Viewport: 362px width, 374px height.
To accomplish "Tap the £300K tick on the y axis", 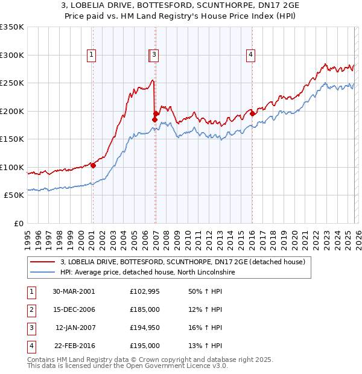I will pos(12,55).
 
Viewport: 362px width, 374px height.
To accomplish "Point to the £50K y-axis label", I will pos(14,195).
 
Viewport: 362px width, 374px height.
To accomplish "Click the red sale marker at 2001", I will pos(93,165).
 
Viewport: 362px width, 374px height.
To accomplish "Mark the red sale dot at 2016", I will pos(252,113).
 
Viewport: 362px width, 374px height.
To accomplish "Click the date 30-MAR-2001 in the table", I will pos(74,291).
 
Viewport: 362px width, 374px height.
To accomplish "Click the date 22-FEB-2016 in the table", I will pos(74,346).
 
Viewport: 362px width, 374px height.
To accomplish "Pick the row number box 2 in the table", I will pos(31,309).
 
